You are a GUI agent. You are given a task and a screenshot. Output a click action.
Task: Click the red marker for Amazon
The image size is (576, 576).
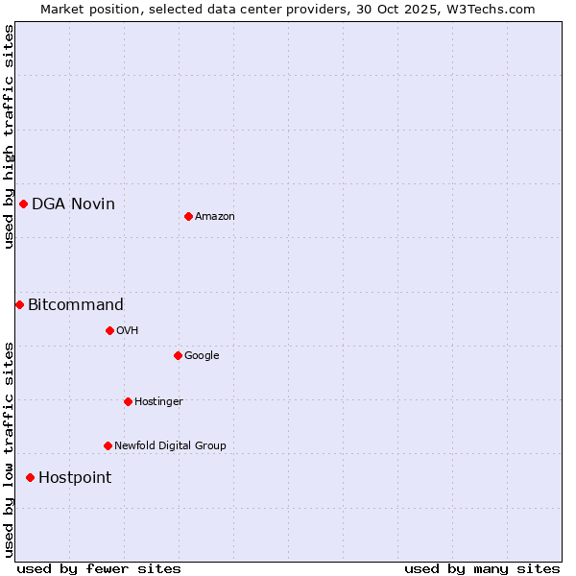[x=188, y=216]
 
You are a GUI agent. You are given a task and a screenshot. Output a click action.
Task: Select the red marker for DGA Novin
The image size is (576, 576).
[x=23, y=204]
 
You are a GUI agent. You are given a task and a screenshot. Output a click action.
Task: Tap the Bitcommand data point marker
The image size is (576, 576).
[x=19, y=304]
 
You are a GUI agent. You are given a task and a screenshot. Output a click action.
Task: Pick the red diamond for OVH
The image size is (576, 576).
[x=109, y=330]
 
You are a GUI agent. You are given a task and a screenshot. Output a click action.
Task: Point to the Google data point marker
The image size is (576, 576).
[x=178, y=355]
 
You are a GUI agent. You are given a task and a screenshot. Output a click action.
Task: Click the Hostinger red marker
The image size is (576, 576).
[x=128, y=401]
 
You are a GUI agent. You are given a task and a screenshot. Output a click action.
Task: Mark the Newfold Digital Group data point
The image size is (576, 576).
[x=108, y=445]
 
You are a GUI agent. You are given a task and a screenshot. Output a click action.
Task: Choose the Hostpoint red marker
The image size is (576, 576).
[x=30, y=477]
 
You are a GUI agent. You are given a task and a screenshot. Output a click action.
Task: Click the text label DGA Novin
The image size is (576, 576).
[x=73, y=204]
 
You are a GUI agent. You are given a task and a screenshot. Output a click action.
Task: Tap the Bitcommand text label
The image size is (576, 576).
[x=76, y=305]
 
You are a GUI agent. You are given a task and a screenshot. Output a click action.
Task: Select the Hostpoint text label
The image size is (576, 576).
[x=75, y=478]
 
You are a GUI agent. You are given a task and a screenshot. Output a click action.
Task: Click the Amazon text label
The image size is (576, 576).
[x=215, y=217]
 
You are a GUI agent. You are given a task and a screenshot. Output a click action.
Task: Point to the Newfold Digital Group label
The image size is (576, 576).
[x=170, y=445]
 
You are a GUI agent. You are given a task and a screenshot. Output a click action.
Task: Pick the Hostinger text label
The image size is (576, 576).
[x=158, y=401]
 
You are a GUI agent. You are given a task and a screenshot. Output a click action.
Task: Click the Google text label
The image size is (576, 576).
[x=202, y=355]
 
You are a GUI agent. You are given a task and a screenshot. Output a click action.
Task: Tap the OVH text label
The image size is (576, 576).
[x=128, y=331]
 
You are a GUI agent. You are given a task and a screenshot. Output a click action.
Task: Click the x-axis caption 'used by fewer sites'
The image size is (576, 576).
[x=99, y=568]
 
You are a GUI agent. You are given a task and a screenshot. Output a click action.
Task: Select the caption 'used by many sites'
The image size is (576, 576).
[x=482, y=568]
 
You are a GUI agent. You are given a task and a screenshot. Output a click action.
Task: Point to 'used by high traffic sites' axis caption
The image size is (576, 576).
[x=10, y=136]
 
